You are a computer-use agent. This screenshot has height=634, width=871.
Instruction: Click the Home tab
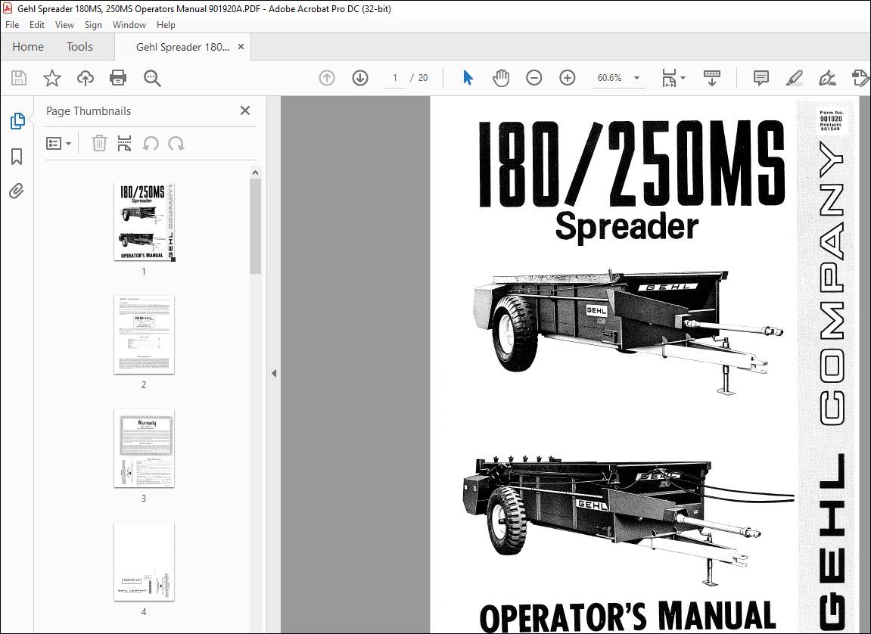pos(28,47)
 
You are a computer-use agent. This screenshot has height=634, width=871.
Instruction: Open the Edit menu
pos(37,25)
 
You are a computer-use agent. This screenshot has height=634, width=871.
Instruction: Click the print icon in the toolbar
pos(118,78)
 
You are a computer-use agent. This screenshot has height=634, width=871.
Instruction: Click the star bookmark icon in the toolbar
pos(51,78)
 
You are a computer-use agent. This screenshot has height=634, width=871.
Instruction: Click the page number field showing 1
pos(394,78)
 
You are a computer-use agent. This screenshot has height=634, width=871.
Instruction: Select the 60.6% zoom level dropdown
pos(618,78)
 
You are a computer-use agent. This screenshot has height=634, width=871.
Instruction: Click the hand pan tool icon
pos(501,78)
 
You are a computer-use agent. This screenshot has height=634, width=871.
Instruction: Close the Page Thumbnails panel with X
pos(244,110)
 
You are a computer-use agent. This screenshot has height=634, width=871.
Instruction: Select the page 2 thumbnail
pos(144,334)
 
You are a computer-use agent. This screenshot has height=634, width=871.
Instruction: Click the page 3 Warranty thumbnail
pos(144,448)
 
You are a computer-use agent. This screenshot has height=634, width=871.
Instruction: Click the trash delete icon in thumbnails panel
pos(99,143)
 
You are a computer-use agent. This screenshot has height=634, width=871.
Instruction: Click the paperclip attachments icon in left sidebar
pos(16,191)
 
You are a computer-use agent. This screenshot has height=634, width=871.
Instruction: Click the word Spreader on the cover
pos(627,225)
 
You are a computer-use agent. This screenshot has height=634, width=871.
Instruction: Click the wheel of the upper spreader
pos(515,334)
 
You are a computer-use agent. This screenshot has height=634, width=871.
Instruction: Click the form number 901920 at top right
pos(830,119)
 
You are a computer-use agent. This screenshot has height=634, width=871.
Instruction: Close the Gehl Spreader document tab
pos(241,47)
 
